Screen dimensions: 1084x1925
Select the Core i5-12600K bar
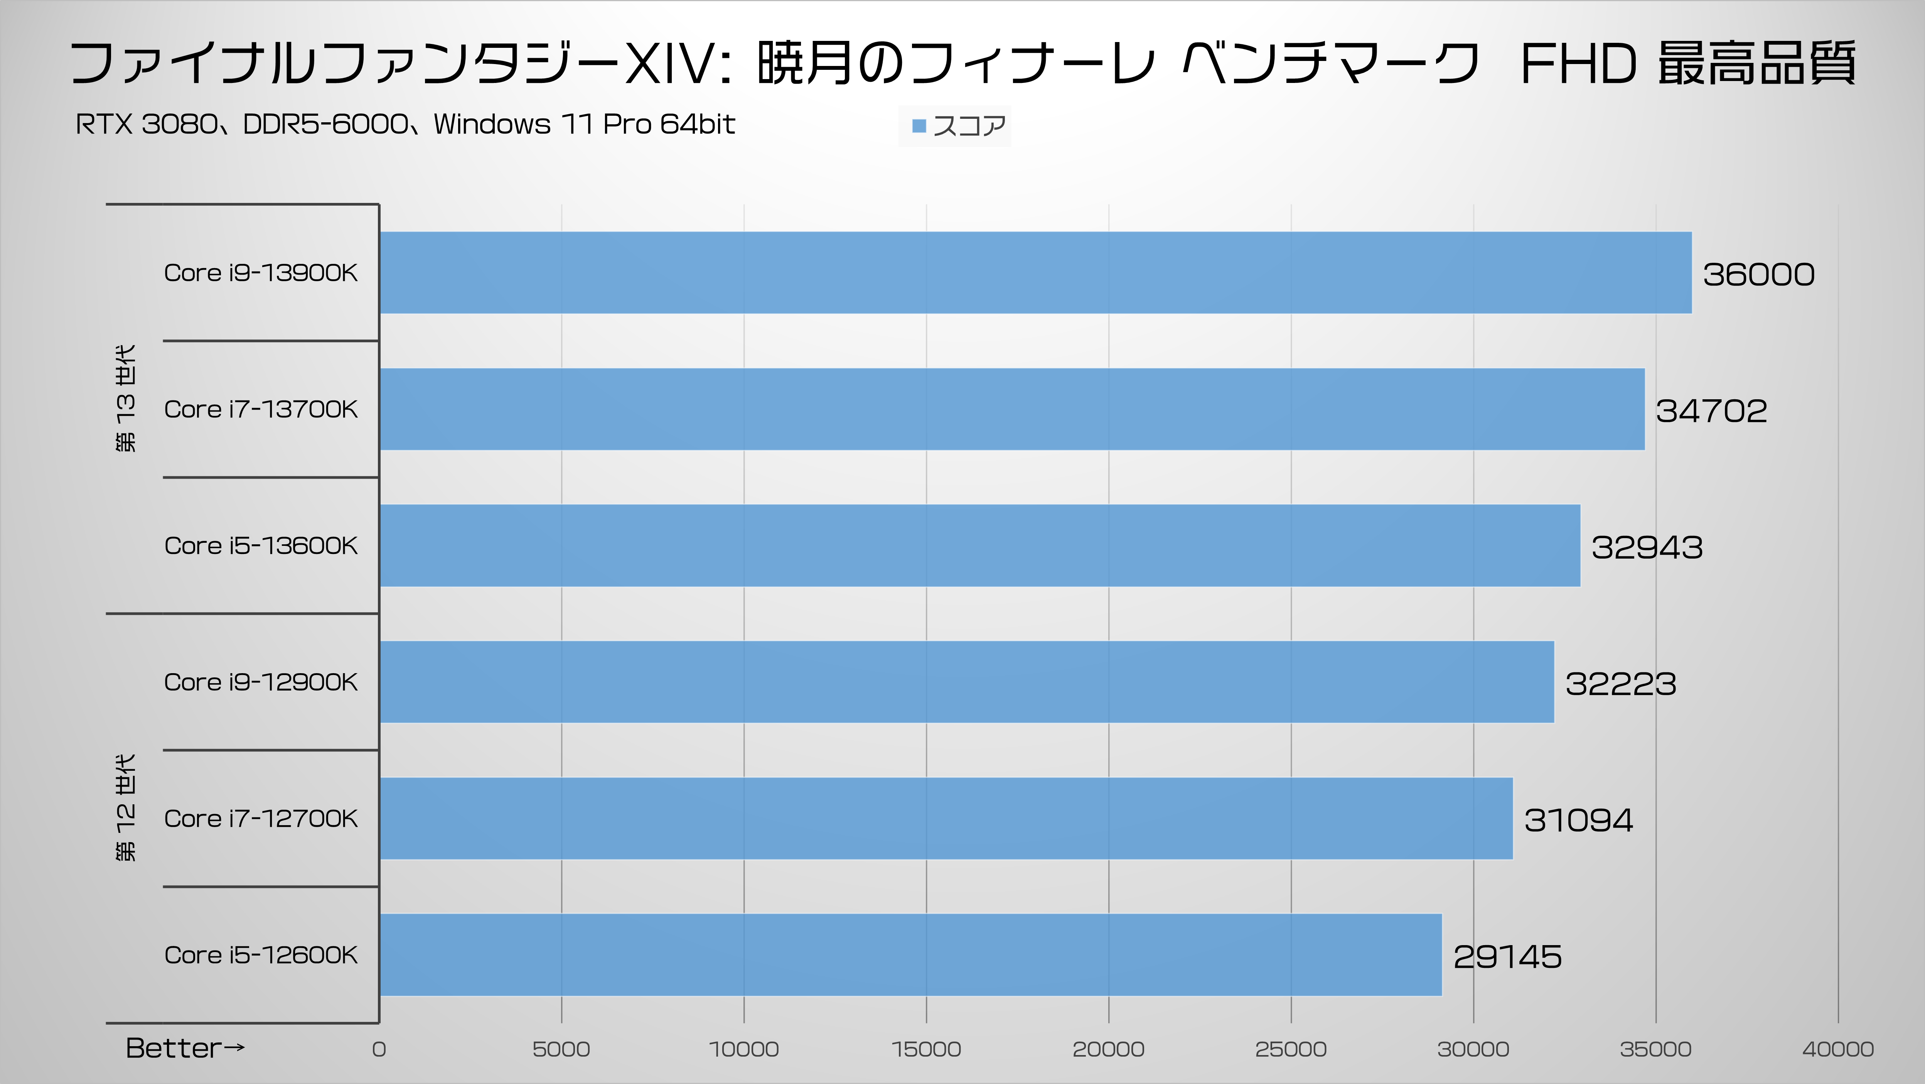(x=910, y=955)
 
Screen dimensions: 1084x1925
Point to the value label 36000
(x=1758, y=274)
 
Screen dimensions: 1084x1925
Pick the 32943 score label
(x=1647, y=547)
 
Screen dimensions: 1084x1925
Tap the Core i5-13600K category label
(x=261, y=546)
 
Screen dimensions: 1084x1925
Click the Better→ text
(x=185, y=1048)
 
